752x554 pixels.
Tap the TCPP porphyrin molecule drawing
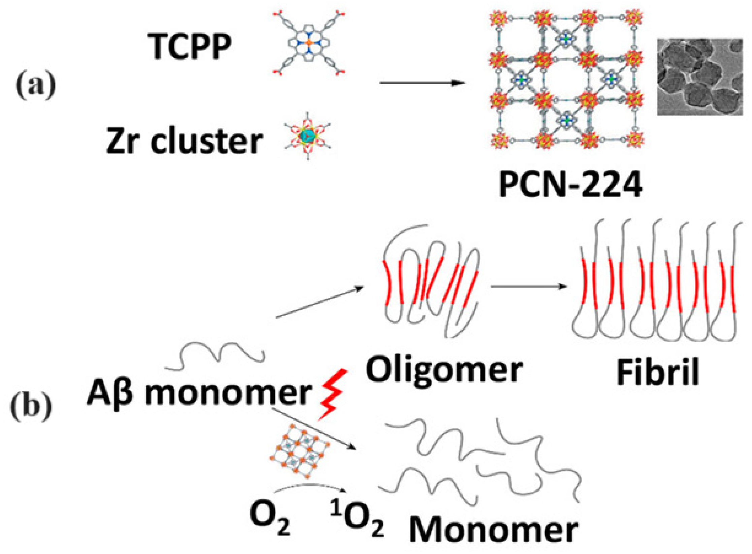tap(308, 43)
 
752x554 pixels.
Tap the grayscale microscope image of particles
tap(699, 77)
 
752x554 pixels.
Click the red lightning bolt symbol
tap(332, 394)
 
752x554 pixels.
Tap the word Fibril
tap(658, 372)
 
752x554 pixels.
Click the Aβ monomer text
tap(199, 393)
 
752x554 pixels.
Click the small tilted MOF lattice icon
tap(299, 454)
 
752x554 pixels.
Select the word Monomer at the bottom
tap(493, 531)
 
